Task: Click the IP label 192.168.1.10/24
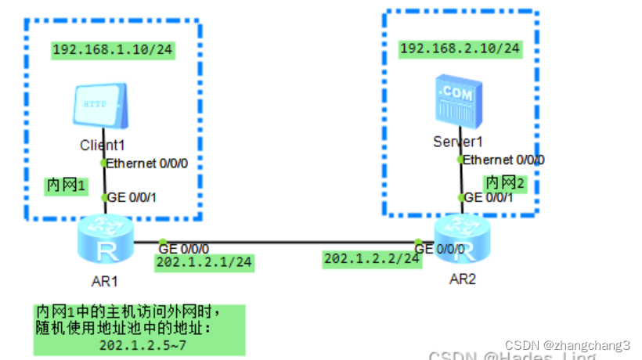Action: (x=112, y=51)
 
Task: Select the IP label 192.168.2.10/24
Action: (x=460, y=49)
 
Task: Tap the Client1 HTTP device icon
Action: (x=96, y=107)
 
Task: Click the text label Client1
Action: (x=103, y=146)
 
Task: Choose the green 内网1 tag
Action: (x=65, y=185)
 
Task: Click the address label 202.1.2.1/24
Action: (x=204, y=262)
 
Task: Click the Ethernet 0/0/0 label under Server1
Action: (x=503, y=160)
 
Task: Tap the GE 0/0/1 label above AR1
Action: (x=132, y=197)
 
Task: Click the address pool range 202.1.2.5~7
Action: (x=142, y=344)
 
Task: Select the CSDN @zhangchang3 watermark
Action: (x=567, y=345)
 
